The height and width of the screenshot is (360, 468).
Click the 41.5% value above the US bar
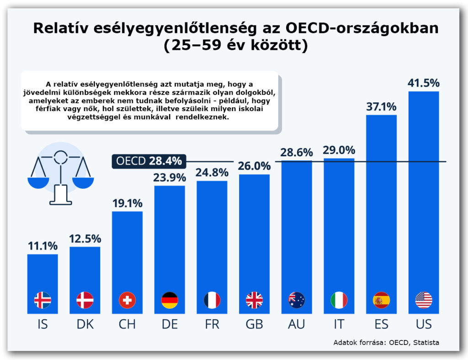point(424,83)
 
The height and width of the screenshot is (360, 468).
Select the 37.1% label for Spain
point(381,106)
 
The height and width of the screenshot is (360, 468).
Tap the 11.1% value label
point(43,246)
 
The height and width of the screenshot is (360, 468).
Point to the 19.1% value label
point(127,203)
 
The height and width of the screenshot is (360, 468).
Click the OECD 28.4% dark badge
point(149,161)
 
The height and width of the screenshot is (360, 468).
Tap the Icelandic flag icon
point(43,300)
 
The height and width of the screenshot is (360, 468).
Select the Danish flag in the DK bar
point(85,300)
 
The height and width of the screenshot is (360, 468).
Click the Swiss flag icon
point(127,300)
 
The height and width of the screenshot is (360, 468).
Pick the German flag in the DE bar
point(170,300)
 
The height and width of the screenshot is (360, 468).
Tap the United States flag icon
point(424,300)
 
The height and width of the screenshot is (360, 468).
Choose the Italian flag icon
point(339,300)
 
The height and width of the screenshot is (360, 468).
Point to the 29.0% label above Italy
point(339,150)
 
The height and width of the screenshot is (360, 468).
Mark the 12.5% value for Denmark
point(85,238)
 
